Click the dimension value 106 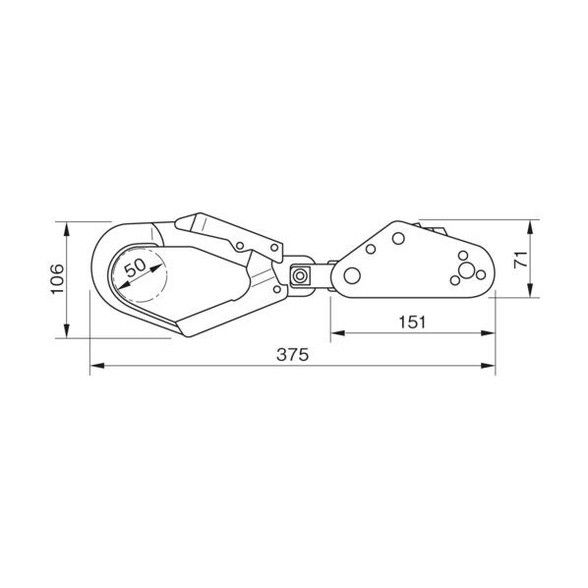click(x=57, y=279)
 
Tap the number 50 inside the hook click(x=135, y=267)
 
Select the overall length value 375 click(x=292, y=354)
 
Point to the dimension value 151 click(x=412, y=323)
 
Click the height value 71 click(x=521, y=260)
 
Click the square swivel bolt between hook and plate click(x=300, y=276)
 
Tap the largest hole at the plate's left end click(x=352, y=276)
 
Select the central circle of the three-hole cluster click(x=466, y=270)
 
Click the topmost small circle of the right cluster click(x=463, y=256)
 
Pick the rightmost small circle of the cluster click(x=481, y=275)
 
